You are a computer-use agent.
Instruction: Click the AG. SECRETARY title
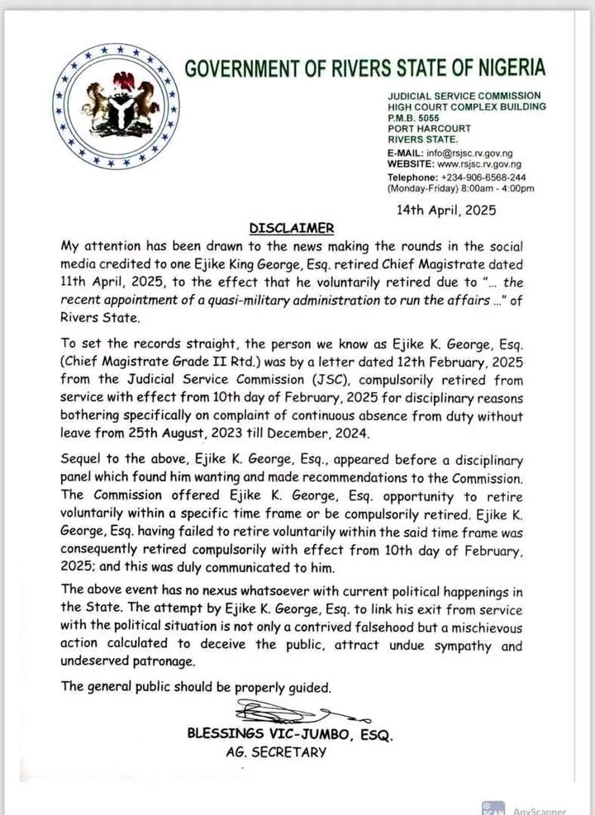tap(276, 752)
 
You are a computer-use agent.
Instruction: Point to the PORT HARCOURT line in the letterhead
tap(430, 128)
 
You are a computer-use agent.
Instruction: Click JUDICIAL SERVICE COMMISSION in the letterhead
tap(464, 96)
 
